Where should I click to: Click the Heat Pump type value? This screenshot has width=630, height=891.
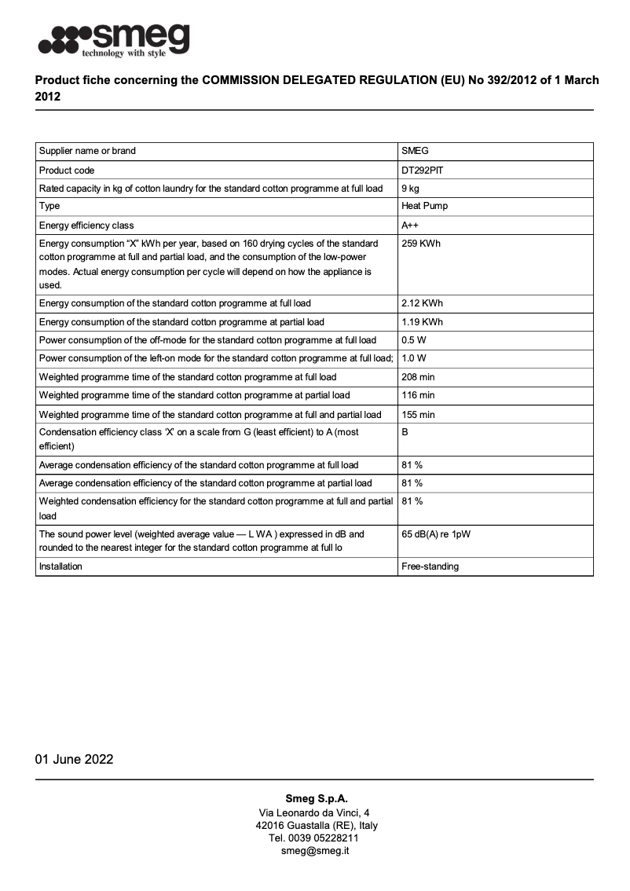[425, 206]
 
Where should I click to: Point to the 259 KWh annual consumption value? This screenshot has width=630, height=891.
[421, 244]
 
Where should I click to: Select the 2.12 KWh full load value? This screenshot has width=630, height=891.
[423, 303]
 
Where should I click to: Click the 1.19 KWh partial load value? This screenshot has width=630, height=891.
[423, 322]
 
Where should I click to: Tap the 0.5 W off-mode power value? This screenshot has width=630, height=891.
[413, 340]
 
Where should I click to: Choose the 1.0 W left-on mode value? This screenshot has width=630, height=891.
[413, 358]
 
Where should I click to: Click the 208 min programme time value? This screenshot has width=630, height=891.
[418, 377]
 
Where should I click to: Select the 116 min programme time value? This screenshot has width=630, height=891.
[418, 395]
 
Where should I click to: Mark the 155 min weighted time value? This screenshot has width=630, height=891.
[418, 414]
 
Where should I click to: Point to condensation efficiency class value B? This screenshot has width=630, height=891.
[405, 432]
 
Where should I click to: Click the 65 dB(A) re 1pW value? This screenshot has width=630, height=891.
[436, 534]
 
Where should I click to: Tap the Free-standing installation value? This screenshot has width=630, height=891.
[430, 566]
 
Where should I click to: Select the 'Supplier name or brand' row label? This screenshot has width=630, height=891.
[87, 151]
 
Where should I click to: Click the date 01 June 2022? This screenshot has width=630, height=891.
[74, 759]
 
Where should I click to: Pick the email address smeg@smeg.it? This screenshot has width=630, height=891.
[316, 851]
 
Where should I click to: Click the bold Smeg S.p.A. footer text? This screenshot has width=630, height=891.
[316, 799]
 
